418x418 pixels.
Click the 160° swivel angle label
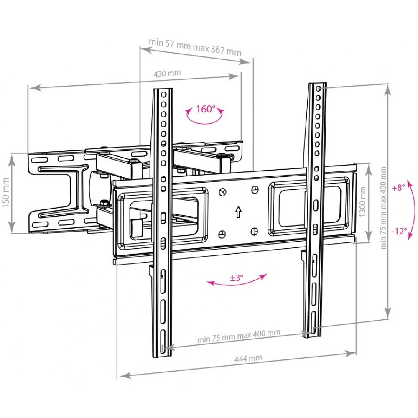[206, 109]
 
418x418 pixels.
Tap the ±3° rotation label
[237, 278]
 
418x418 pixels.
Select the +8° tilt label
[398, 188]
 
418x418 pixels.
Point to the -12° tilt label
[399, 231]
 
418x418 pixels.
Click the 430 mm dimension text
[167, 73]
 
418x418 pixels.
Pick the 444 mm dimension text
[248, 359]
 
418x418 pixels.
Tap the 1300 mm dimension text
[362, 201]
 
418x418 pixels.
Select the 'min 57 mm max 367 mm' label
[195, 47]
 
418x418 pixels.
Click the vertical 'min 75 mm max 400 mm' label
[383, 208]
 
